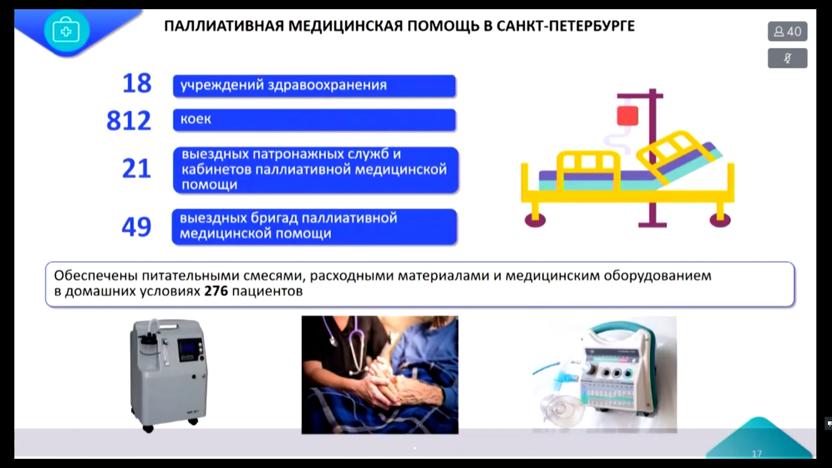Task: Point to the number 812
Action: (x=129, y=120)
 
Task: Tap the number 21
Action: (x=136, y=168)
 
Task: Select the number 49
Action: (x=136, y=227)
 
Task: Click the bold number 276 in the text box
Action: (x=216, y=291)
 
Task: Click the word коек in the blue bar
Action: (x=195, y=119)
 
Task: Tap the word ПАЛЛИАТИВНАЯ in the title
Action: (x=224, y=26)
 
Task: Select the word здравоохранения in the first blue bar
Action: (x=327, y=85)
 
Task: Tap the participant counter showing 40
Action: (x=787, y=32)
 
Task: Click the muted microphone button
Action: (x=787, y=58)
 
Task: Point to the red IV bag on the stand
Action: (x=627, y=116)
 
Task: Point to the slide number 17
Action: (x=757, y=454)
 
